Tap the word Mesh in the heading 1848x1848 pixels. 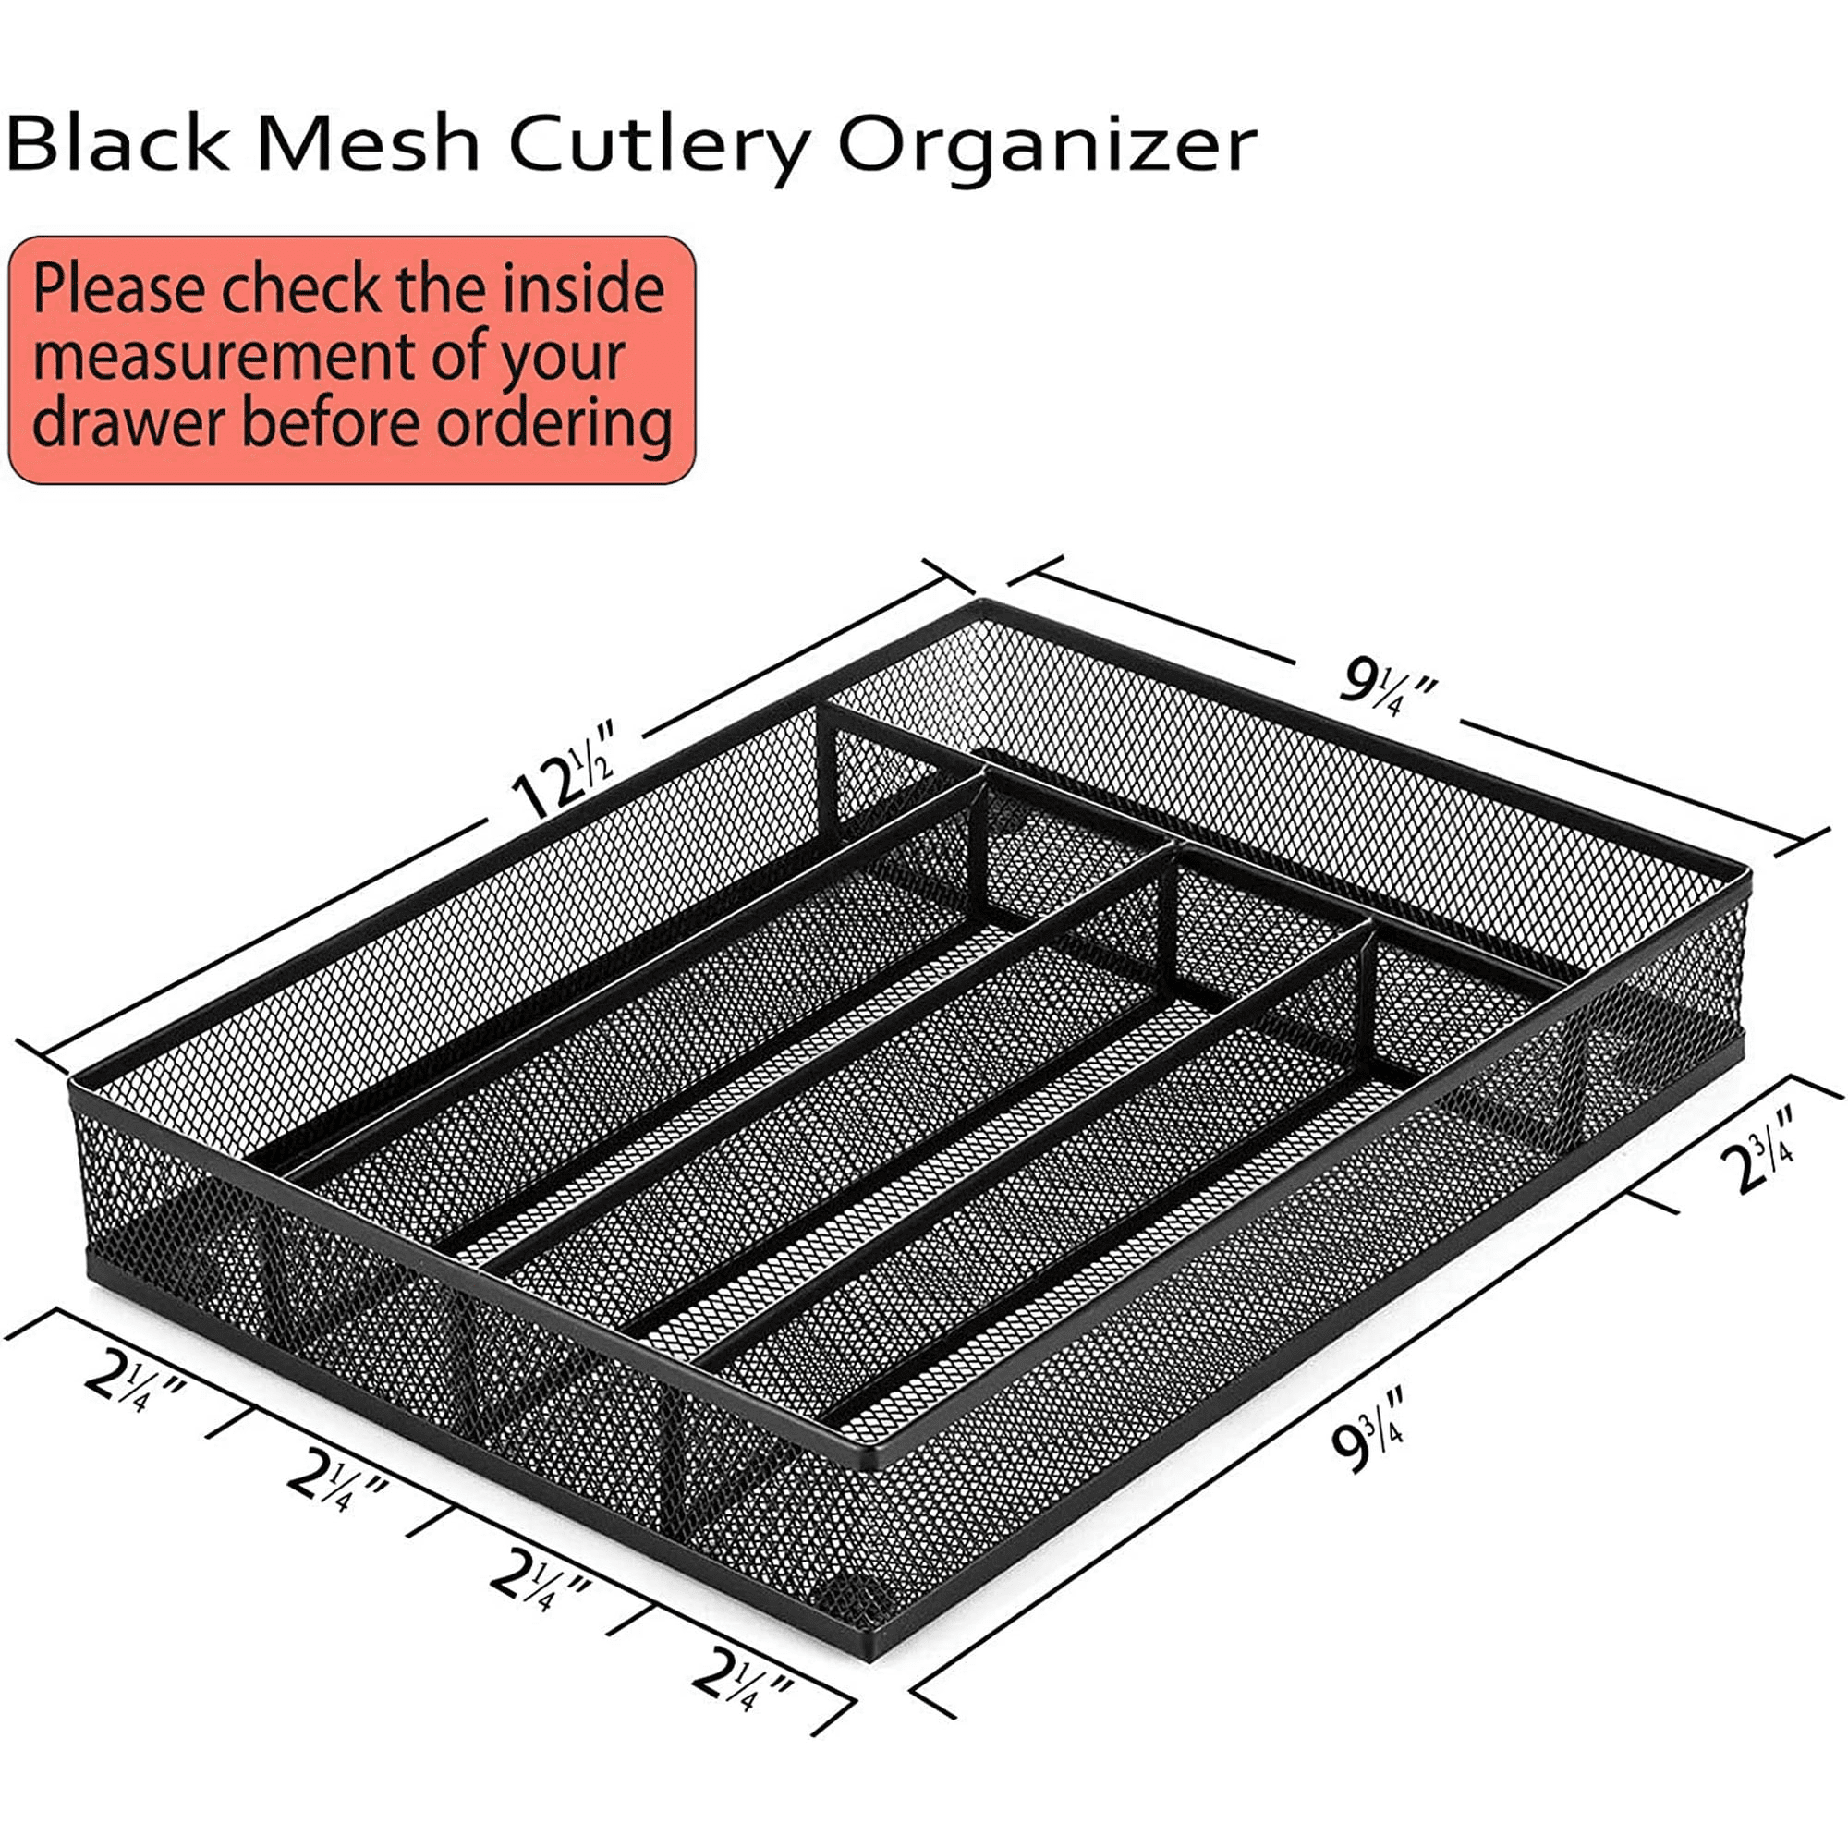369,143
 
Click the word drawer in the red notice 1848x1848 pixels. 129,422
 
